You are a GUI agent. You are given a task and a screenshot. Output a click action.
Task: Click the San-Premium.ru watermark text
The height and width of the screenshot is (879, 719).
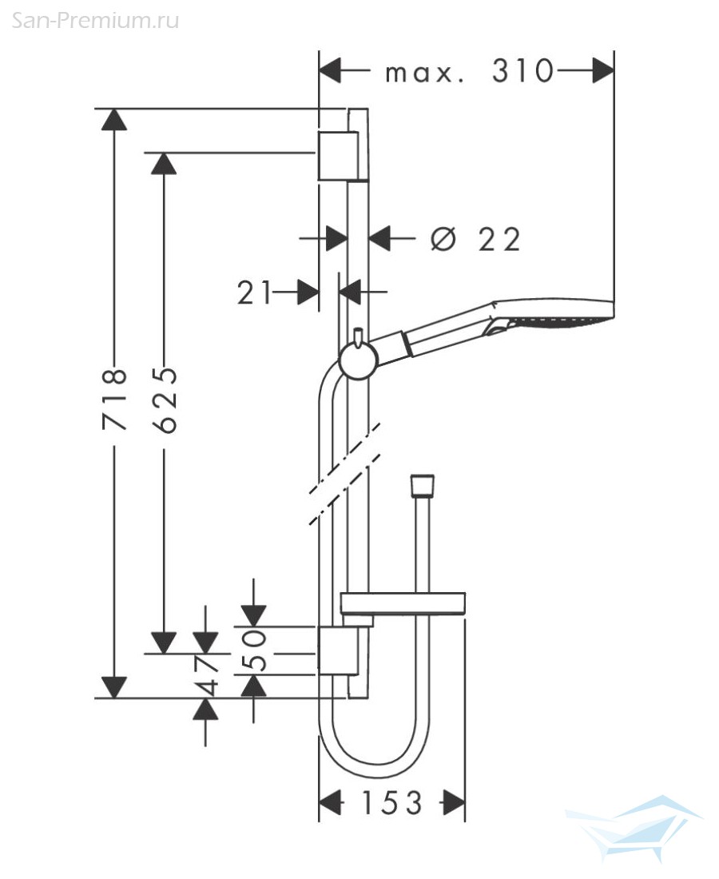click(x=95, y=21)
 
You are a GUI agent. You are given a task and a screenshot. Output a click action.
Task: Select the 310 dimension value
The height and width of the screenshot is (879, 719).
click(x=522, y=71)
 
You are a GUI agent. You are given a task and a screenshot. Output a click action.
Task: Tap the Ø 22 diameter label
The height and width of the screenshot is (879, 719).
click(x=476, y=240)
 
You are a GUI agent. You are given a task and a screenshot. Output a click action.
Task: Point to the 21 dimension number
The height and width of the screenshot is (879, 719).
click(x=254, y=292)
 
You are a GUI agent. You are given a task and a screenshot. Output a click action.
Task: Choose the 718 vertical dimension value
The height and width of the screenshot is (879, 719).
click(x=115, y=399)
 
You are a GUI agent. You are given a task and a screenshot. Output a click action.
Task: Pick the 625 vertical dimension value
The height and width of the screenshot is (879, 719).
click(x=165, y=400)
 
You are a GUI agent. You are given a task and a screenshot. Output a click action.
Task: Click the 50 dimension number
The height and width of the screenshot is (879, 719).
click(x=253, y=650)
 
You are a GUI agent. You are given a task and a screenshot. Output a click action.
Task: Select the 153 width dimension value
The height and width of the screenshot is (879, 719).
click(x=391, y=803)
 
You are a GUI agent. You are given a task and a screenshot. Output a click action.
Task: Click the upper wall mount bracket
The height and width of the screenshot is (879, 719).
click(x=338, y=156)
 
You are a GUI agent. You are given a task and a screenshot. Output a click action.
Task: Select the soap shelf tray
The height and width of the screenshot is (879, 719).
click(x=403, y=604)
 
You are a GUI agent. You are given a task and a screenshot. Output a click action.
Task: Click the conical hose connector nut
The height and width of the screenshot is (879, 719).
click(x=423, y=487)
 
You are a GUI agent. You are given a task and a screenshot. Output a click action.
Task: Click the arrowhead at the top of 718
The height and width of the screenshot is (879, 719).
click(x=114, y=119)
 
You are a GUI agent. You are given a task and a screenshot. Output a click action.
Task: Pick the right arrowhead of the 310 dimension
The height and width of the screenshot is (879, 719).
click(x=603, y=71)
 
